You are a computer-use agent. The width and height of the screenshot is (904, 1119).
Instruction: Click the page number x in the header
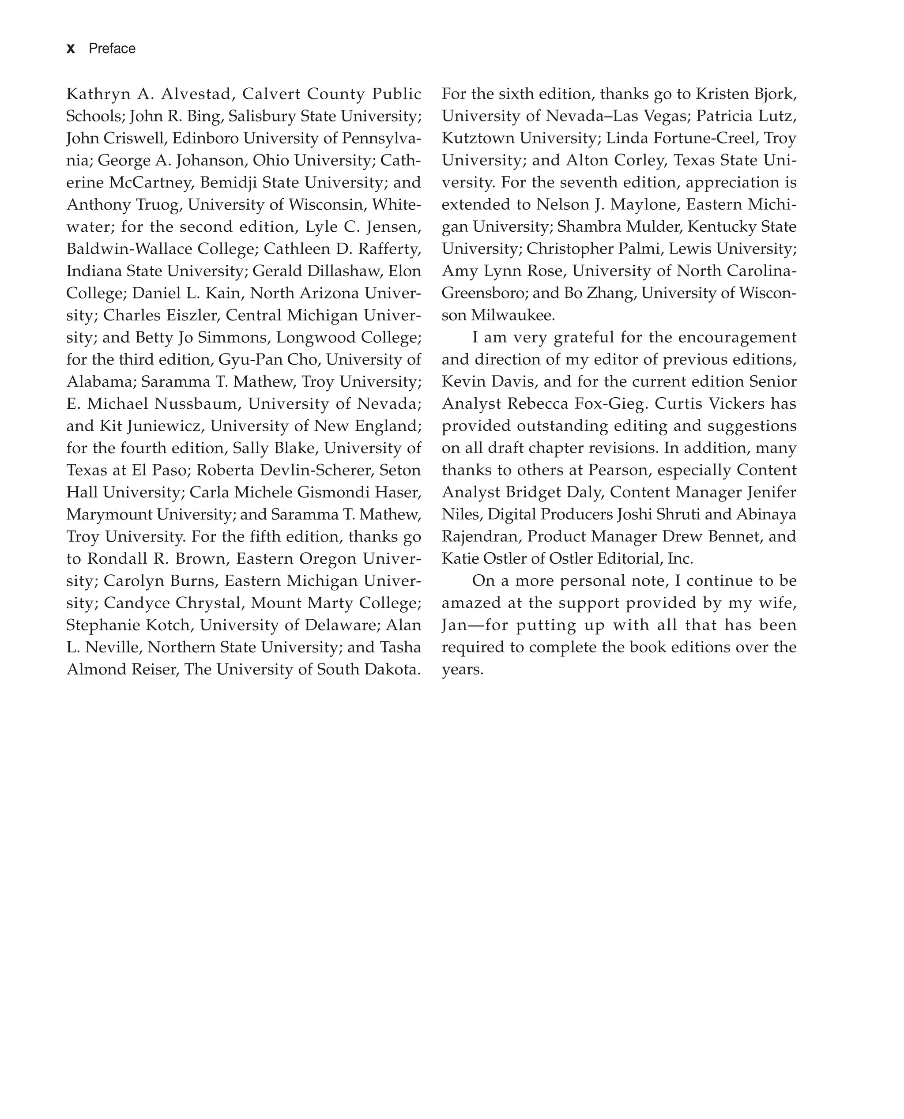tap(71, 49)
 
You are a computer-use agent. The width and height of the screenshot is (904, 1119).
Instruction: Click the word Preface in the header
tap(112, 49)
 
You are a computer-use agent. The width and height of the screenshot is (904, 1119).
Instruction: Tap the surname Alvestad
tap(195, 94)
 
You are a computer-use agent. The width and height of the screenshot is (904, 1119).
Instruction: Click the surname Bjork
tap(774, 94)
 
